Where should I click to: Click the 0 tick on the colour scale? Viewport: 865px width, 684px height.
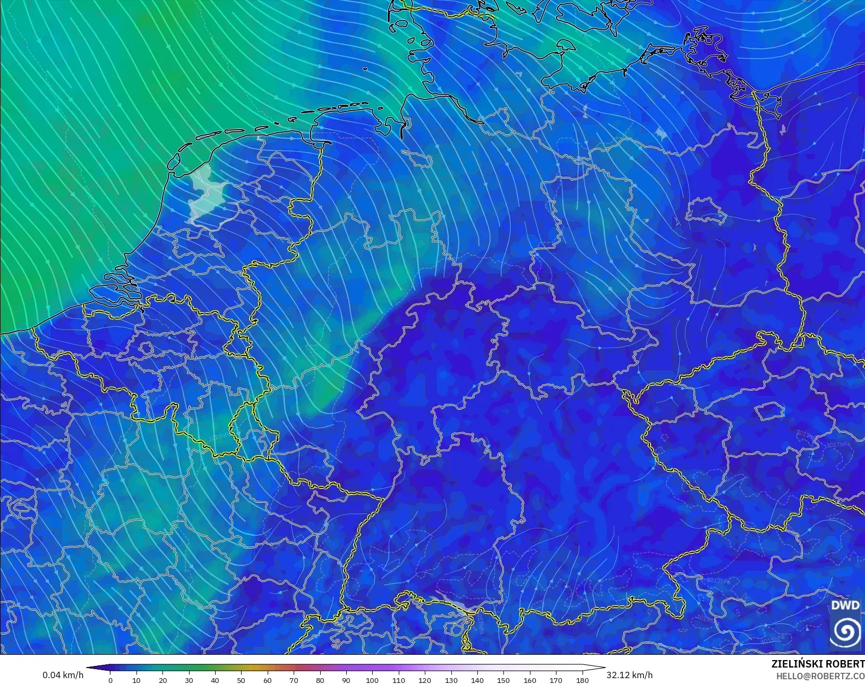[x=110, y=680]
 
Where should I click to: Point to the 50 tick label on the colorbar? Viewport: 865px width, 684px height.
[x=242, y=680]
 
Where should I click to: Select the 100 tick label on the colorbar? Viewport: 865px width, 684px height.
[x=372, y=680]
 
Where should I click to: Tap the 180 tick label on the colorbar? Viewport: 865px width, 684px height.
[x=582, y=680]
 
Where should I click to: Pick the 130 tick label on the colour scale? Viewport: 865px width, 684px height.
[x=451, y=680]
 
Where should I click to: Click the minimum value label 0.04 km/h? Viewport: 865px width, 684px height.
[x=63, y=675]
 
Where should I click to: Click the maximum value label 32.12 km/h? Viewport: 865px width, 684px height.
[x=629, y=675]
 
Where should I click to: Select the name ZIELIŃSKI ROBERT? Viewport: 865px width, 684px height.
[x=818, y=664]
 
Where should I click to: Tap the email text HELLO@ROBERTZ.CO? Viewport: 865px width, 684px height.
[x=820, y=676]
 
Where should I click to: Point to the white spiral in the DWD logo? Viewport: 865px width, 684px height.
[x=845, y=631]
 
